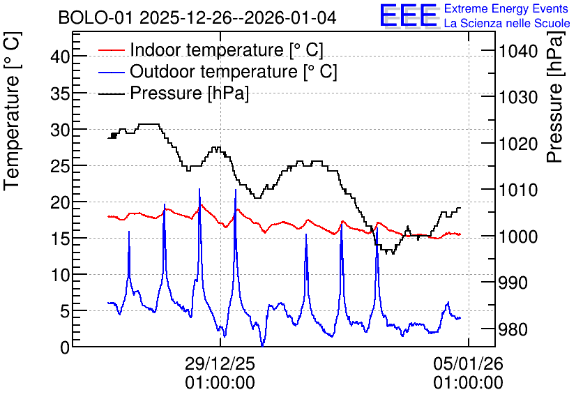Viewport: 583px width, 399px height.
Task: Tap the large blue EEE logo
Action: click(409, 15)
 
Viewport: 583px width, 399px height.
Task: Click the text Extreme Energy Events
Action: click(506, 8)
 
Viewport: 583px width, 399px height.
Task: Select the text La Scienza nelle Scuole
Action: click(507, 23)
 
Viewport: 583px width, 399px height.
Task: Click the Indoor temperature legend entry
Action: click(211, 50)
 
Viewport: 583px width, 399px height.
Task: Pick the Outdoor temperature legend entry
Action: click(217, 71)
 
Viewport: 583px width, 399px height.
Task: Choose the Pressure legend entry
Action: click(173, 93)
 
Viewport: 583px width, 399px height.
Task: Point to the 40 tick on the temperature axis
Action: click(60, 57)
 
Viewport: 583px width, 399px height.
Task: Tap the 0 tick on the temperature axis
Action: click(65, 347)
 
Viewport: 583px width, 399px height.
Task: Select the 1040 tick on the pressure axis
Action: click(518, 51)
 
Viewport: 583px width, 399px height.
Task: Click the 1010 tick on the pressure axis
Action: click(518, 190)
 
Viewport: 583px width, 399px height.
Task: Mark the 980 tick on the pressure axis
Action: click(513, 329)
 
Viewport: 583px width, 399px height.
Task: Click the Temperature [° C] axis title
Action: click(12, 111)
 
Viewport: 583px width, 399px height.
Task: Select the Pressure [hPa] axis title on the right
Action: click(555, 97)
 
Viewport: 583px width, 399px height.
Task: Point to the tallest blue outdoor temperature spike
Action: click(199, 189)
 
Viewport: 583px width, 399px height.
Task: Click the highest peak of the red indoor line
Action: click(201, 205)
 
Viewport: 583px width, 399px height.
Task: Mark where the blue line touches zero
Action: click(262, 346)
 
